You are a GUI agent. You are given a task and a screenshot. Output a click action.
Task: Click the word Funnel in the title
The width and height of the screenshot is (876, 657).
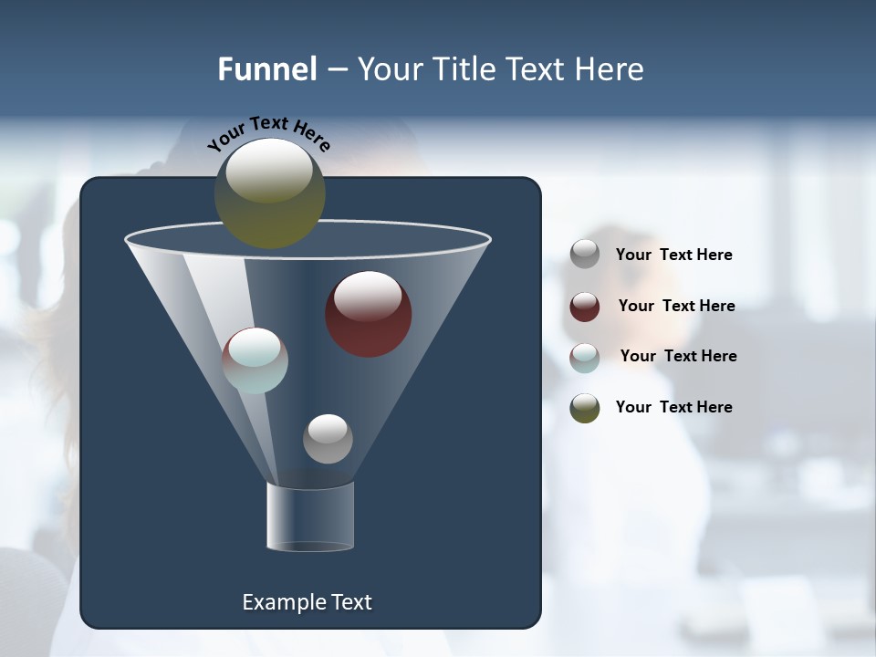[266, 69]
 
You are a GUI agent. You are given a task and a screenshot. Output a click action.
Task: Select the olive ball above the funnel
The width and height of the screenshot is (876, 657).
[269, 193]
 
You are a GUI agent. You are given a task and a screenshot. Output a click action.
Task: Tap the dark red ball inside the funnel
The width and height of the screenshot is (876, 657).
[369, 314]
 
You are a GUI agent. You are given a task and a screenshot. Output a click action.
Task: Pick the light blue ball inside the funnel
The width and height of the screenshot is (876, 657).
[255, 360]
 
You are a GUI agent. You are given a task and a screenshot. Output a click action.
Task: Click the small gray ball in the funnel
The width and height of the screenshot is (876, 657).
[328, 438]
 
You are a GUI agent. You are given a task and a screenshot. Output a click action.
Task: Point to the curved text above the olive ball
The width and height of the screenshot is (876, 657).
[268, 134]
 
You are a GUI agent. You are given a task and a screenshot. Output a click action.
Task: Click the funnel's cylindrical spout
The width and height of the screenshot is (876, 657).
[310, 516]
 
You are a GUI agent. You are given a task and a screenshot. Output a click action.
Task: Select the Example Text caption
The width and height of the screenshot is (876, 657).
[307, 602]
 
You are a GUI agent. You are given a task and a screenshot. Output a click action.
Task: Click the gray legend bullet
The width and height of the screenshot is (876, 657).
[585, 255]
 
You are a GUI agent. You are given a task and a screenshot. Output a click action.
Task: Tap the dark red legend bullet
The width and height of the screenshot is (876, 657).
[585, 307]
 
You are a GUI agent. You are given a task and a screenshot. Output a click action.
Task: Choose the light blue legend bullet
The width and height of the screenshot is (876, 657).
[585, 357]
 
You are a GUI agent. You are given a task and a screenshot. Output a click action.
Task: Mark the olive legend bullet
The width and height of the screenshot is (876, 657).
[585, 408]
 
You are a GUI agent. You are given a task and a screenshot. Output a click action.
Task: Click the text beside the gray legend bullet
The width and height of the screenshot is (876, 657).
[673, 255]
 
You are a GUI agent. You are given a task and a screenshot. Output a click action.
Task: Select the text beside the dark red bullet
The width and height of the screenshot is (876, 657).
[676, 306]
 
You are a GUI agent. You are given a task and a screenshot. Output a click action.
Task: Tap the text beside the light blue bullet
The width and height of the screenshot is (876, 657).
[678, 356]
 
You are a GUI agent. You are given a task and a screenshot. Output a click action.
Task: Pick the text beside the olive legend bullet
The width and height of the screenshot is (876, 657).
[673, 407]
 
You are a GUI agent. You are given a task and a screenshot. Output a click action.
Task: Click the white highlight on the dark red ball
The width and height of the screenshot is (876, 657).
[368, 295]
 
